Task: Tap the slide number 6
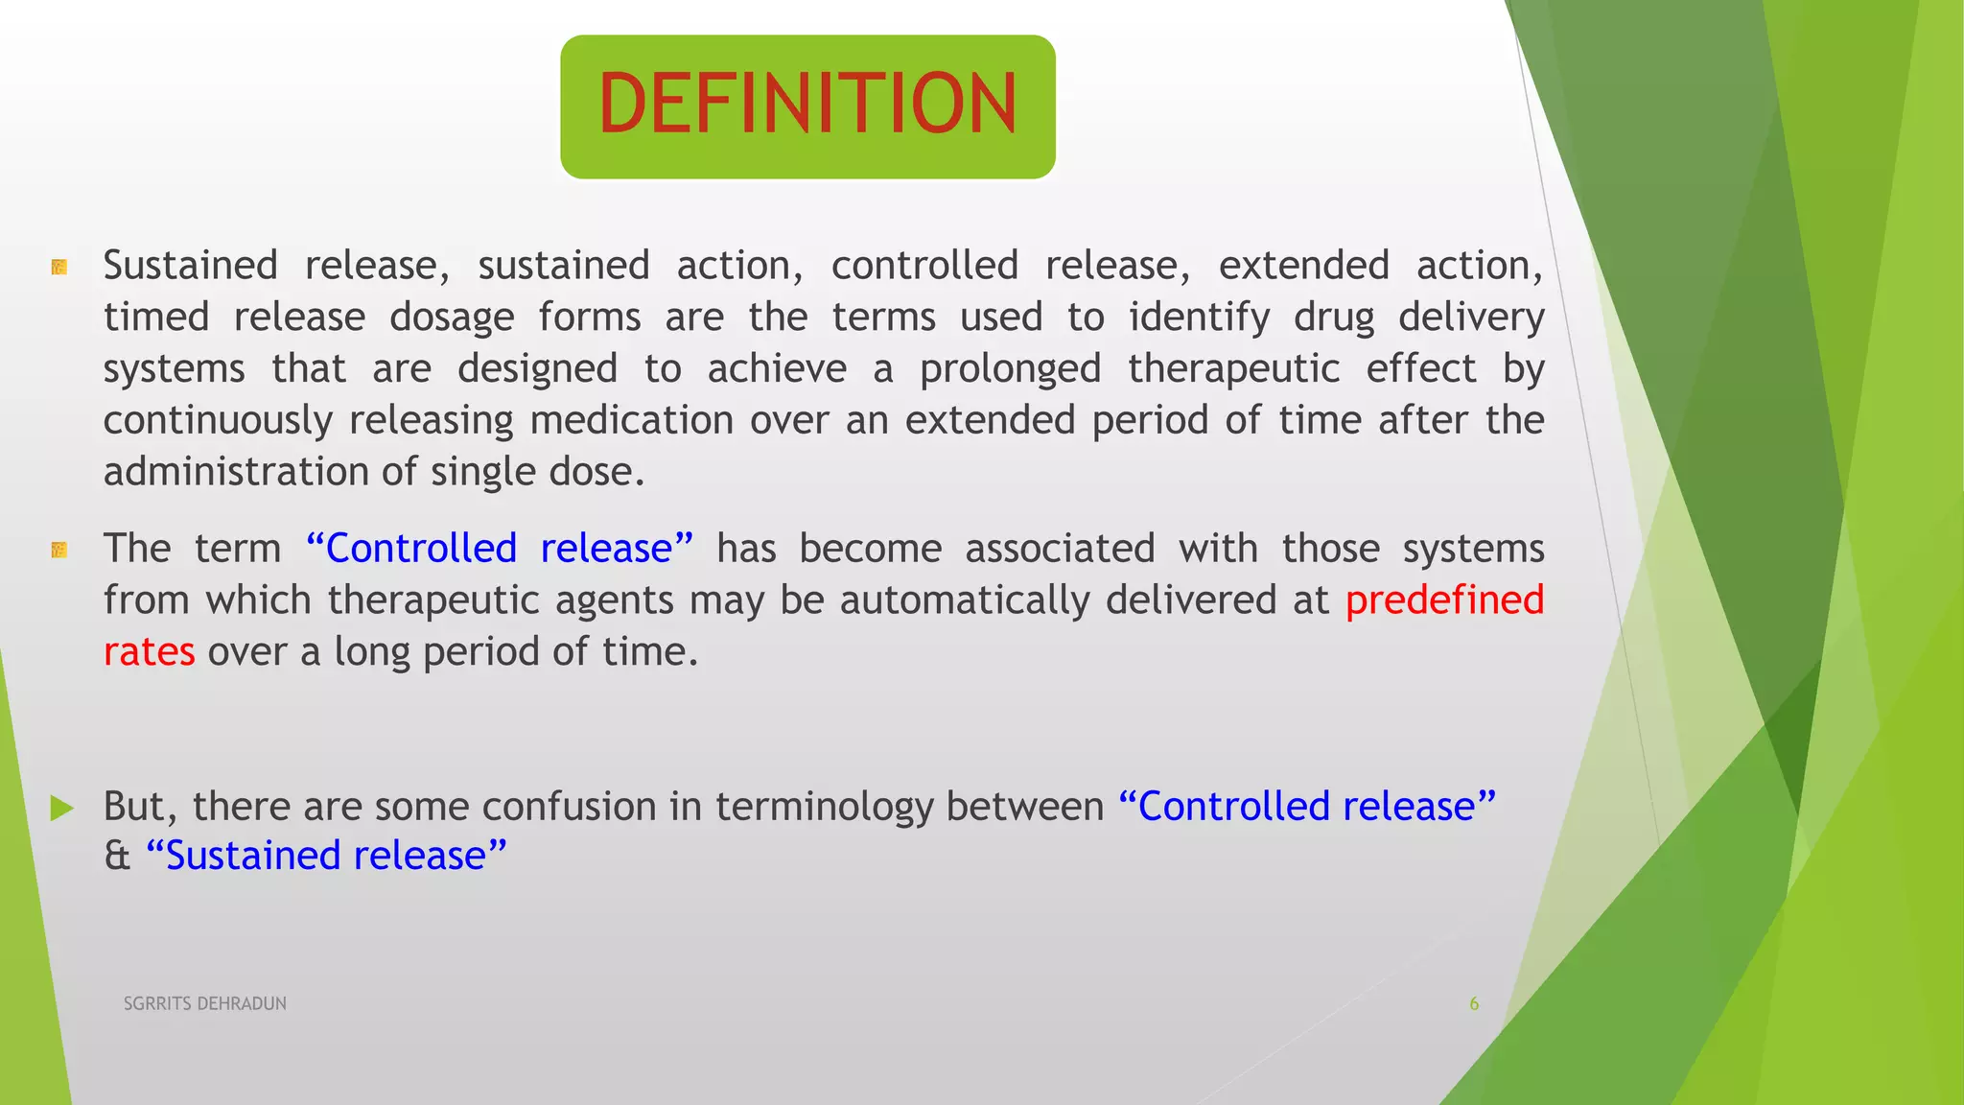pyautogui.click(x=1474, y=1003)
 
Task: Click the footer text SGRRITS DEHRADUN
pyautogui.click(x=204, y=1003)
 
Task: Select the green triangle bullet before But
pyautogui.click(x=61, y=808)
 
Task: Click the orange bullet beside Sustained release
pyautogui.click(x=59, y=267)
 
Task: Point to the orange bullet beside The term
pyautogui.click(x=59, y=550)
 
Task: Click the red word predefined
pyautogui.click(x=1444, y=600)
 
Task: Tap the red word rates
pyautogui.click(x=149, y=652)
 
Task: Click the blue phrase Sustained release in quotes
pyautogui.click(x=326, y=856)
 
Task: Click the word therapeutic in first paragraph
pyautogui.click(x=1233, y=369)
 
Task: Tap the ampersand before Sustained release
pyautogui.click(x=117, y=856)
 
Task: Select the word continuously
pyautogui.click(x=218, y=421)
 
